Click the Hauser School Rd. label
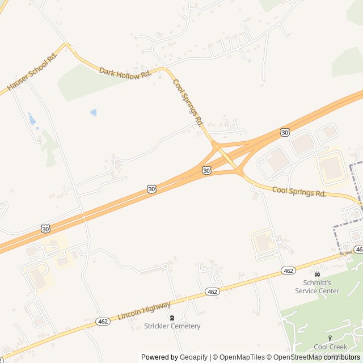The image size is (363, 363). pos(33,72)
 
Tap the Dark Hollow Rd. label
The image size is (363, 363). pos(125,73)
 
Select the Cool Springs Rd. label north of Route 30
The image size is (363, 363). pos(188,102)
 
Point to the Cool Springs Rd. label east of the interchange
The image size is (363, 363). pos(299,192)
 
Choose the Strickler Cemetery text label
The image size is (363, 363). pos(172,326)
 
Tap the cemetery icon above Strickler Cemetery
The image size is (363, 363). pos(172,318)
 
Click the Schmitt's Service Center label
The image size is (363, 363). pos(317,287)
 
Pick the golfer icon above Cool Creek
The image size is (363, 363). pos(330,339)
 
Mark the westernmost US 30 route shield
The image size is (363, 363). pos(45,229)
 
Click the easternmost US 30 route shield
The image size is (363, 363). pos(285,132)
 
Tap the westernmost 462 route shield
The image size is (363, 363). pos(103,321)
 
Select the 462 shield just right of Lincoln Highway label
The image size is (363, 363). pos(212,292)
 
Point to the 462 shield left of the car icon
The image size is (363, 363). pos(289,271)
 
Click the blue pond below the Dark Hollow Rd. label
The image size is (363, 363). pos(94,112)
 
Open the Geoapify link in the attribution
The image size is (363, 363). pos(193,357)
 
